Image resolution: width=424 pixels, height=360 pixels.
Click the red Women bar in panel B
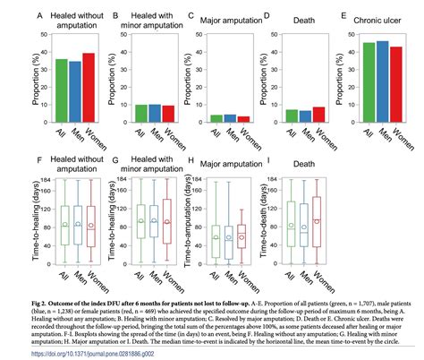[143, 113]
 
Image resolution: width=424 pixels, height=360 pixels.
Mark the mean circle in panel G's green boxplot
[140, 220]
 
